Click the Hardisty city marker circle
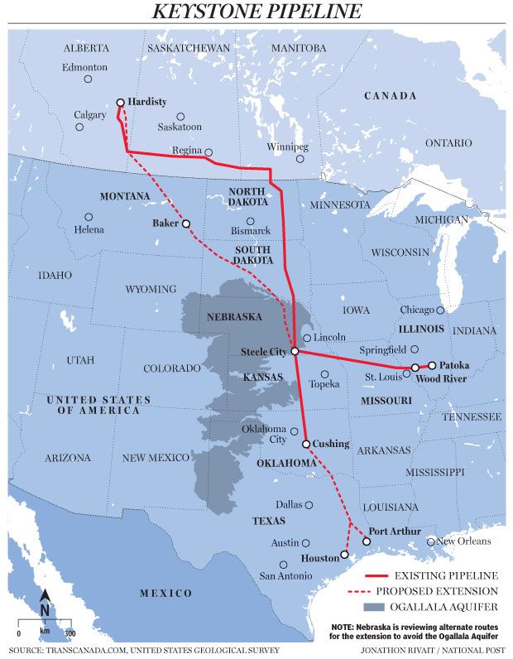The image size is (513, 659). pos(121,103)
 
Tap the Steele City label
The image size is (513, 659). pos(263,352)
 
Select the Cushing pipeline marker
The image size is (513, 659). pos(306,445)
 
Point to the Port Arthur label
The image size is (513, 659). pos(395,531)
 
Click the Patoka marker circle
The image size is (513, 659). pos(432,365)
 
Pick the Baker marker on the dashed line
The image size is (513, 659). pos(186,224)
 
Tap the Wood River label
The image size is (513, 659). pos(442,379)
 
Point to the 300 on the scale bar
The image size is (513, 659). pos(70,633)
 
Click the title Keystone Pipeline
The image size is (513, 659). pos(256,12)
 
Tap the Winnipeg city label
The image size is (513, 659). pos(288,147)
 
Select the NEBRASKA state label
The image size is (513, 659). pos(236,317)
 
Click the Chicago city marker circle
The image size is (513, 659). pos(441,310)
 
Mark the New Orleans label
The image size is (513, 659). pos(463,541)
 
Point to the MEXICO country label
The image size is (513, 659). pos(165,594)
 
